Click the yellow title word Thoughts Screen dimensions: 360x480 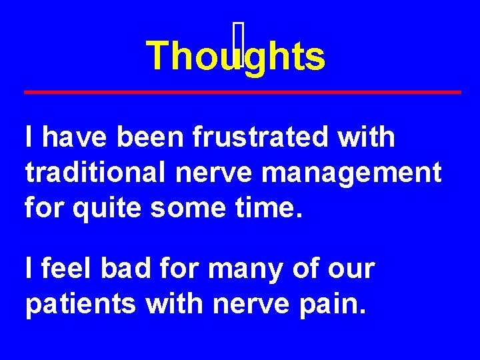click(x=235, y=55)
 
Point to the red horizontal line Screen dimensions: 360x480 click(x=243, y=91)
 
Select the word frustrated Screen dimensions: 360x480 click(x=261, y=137)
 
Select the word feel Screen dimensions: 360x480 click(x=66, y=269)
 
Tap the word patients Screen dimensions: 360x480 click(x=81, y=304)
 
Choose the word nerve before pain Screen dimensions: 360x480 click(x=251, y=304)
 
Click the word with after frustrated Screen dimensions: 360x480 click(x=367, y=137)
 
